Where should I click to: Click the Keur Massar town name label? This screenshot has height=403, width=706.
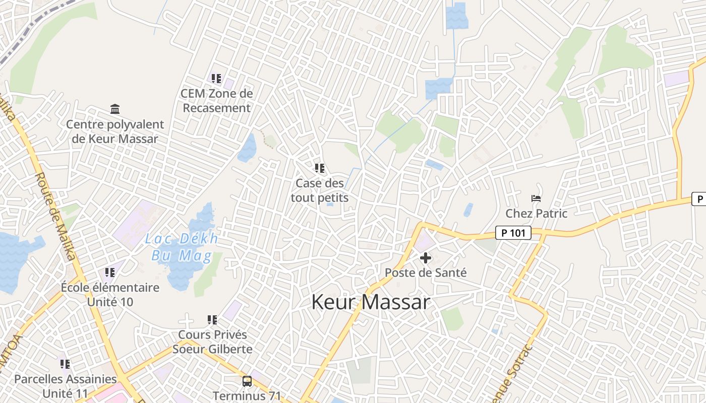coord(371,302)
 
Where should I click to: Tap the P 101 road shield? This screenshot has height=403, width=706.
coord(513,233)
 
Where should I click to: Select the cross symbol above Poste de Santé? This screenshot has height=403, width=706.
coord(426,258)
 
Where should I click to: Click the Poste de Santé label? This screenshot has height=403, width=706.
coord(426,273)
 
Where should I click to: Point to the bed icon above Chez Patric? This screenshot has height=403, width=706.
coord(536,198)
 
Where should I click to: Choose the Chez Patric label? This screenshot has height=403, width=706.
coord(536,213)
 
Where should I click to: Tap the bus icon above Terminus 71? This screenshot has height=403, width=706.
coord(247,381)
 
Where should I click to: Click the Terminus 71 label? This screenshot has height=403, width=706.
coord(247,395)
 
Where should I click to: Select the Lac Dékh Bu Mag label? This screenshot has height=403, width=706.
coord(182,247)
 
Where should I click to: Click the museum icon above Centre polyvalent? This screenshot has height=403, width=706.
coord(115,109)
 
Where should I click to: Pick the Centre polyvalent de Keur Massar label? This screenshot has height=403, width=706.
coord(115,131)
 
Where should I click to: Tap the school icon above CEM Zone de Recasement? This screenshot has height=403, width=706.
coord(216,78)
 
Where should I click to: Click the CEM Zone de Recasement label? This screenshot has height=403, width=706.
coord(216,101)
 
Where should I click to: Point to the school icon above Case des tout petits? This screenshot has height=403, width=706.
coord(319,168)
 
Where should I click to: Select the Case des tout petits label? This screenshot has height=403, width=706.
coord(319,190)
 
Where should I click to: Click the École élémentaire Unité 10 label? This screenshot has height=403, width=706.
coord(110,295)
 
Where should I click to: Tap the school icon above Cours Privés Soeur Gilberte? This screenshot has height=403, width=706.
coord(212,319)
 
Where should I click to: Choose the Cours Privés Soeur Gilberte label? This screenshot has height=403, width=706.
coord(212,342)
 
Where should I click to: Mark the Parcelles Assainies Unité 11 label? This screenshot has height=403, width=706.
coord(65,386)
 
